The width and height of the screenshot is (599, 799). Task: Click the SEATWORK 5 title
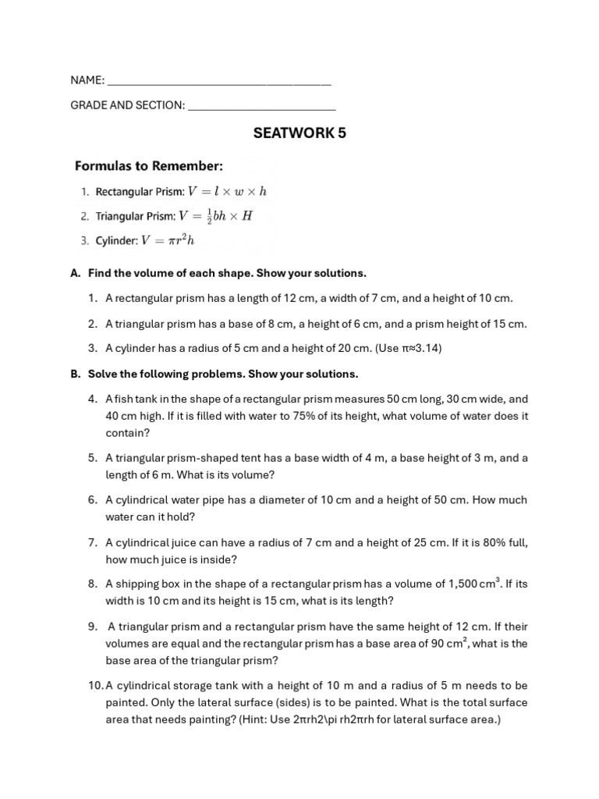click(299, 133)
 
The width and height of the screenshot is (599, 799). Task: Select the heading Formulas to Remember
click(149, 165)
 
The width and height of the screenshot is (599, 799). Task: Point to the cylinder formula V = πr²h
click(168, 241)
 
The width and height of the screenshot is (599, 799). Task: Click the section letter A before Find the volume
click(76, 273)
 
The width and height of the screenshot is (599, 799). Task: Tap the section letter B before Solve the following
click(76, 374)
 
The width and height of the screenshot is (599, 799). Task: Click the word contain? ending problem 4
click(127, 433)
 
